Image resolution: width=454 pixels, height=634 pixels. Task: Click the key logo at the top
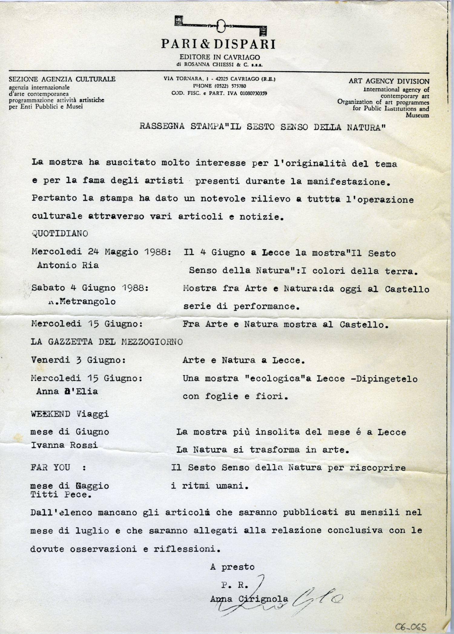pyautogui.click(x=221, y=26)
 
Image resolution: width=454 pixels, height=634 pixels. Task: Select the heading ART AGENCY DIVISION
pyautogui.click(x=389, y=81)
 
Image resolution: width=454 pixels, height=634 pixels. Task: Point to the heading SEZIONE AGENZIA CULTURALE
pyautogui.click(x=62, y=79)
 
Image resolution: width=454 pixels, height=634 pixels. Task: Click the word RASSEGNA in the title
pyautogui.click(x=162, y=127)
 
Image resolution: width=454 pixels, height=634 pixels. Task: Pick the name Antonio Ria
pyautogui.click(x=68, y=265)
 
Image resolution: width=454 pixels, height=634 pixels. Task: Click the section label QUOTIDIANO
pyautogui.click(x=60, y=233)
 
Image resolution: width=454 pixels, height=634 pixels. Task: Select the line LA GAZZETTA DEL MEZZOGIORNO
pyautogui.click(x=107, y=342)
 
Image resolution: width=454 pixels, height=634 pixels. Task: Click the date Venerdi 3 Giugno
pyautogui.click(x=78, y=360)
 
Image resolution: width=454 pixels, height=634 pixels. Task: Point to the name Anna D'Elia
pyautogui.click(x=67, y=391)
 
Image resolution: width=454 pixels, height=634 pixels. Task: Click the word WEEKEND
pyautogui.click(x=50, y=414)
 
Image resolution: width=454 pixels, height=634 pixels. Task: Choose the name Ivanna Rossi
pyautogui.click(x=64, y=445)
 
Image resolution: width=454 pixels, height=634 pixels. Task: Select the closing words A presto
pyautogui.click(x=232, y=567)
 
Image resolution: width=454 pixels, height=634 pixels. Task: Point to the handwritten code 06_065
pyautogui.click(x=412, y=626)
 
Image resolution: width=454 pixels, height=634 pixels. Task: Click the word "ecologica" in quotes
pyautogui.click(x=276, y=379)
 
